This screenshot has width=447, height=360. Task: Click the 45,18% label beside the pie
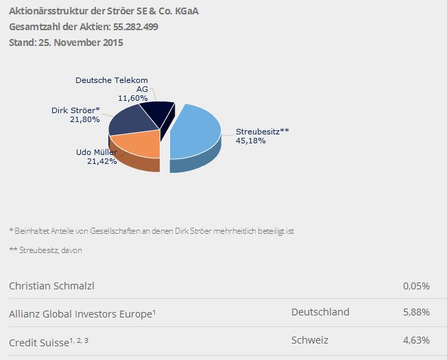[x=250, y=141]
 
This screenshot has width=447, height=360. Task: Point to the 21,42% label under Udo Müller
[x=102, y=161]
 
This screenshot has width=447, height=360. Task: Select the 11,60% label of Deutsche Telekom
[x=132, y=98]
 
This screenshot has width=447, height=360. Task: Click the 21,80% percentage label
[x=86, y=119]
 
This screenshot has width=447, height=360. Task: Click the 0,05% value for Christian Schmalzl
[x=416, y=286]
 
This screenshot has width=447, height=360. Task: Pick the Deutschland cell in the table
[x=320, y=312]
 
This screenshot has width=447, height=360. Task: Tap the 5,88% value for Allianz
[x=416, y=312]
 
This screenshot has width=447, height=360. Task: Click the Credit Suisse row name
[x=39, y=341]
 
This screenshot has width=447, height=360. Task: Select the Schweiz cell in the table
[x=310, y=340]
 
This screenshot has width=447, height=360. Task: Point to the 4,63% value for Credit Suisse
[x=416, y=340]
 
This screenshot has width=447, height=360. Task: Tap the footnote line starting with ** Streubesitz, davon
[x=45, y=250]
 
